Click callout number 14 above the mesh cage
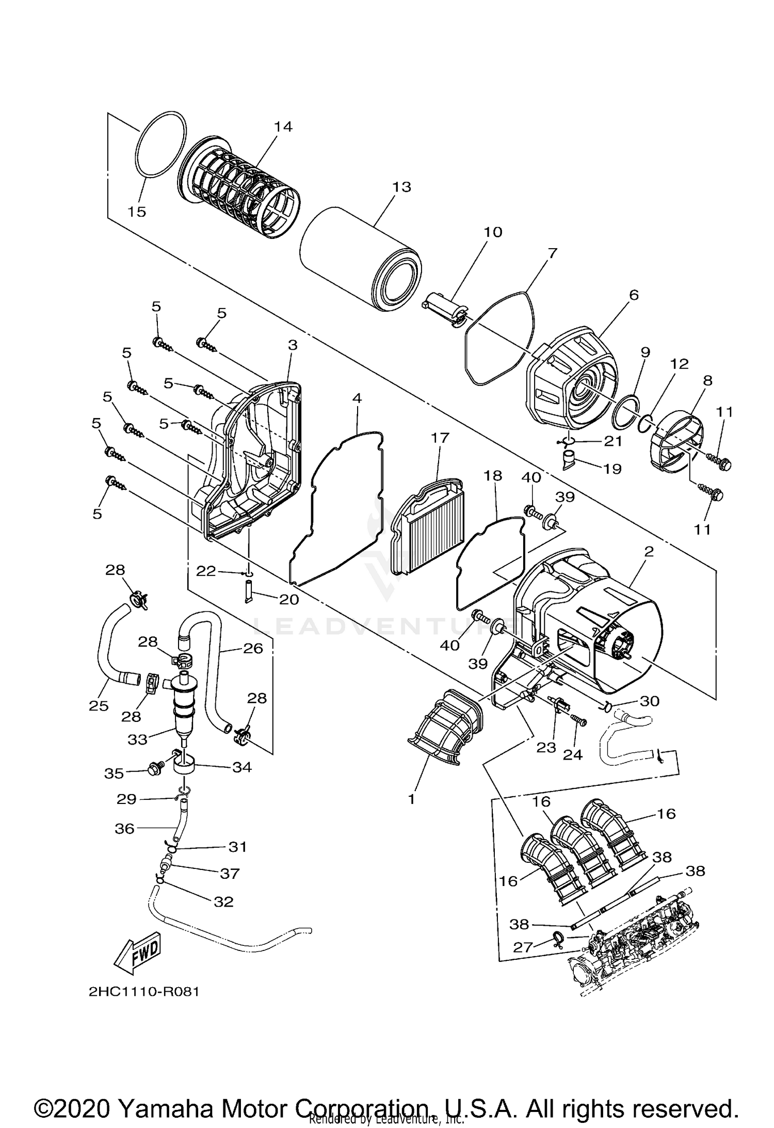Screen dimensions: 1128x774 (x=283, y=126)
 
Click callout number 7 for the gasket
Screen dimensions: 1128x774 (x=552, y=253)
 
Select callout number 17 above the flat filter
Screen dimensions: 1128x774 (x=440, y=438)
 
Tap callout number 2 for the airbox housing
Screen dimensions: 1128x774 (x=649, y=552)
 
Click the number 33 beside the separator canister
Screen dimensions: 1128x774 (x=138, y=739)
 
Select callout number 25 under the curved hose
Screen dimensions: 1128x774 (x=99, y=706)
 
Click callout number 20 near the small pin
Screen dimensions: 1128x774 (x=289, y=599)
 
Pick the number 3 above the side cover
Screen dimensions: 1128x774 (x=293, y=345)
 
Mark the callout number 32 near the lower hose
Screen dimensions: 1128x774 (x=223, y=901)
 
